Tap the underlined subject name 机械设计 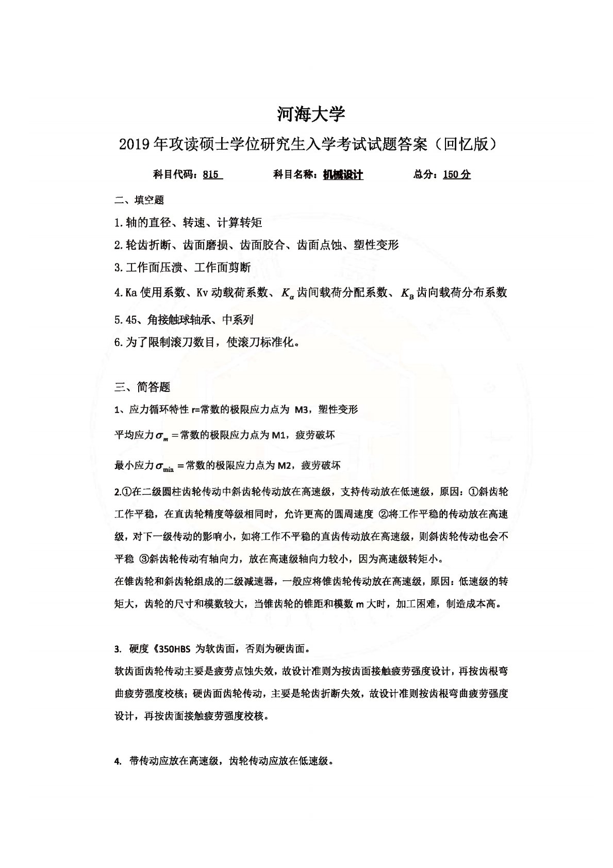click(x=343, y=175)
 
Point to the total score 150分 click(x=456, y=175)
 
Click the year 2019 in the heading click(x=134, y=145)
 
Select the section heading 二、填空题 click(x=139, y=200)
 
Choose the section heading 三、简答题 click(x=142, y=387)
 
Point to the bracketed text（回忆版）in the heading click(x=466, y=145)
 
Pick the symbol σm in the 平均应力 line click(x=161, y=436)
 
